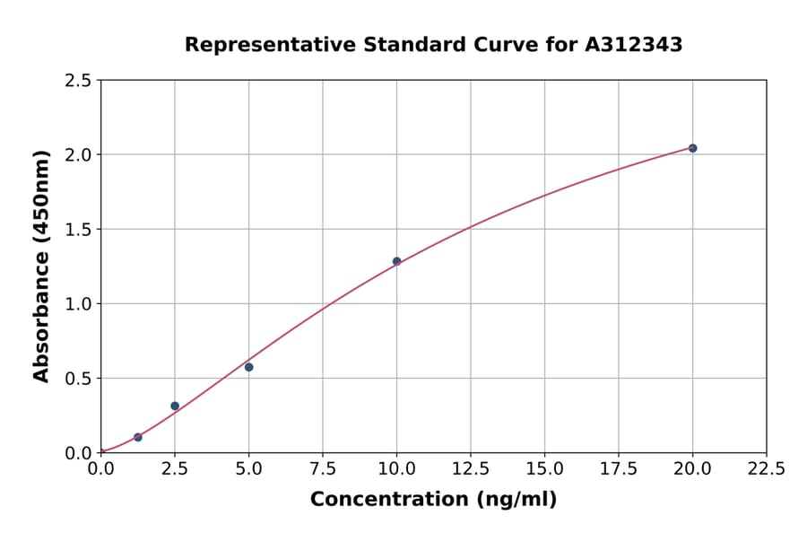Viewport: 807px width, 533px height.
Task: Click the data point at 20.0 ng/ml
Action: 692,148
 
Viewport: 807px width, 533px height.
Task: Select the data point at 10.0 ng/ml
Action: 396,261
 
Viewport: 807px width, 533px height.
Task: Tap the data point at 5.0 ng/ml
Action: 248,367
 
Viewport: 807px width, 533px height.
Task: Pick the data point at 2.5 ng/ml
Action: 175,406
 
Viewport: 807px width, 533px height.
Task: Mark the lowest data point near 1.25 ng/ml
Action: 138,437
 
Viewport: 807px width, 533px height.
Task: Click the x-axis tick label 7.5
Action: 323,469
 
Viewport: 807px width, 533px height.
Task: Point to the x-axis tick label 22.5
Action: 767,469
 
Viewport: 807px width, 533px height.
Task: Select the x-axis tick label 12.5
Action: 471,469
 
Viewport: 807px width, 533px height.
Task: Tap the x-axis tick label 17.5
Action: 619,469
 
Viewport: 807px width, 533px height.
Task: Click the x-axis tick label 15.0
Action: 544,469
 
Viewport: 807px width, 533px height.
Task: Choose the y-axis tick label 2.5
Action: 78,81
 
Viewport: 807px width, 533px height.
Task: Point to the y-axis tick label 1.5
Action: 78,230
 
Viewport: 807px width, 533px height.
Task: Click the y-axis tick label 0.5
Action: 78,379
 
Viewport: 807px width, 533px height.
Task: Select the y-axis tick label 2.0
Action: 78,155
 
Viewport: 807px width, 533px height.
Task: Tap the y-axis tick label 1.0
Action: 78,304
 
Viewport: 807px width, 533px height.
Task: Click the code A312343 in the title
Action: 635,45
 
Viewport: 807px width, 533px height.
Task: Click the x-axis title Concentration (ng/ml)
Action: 433,500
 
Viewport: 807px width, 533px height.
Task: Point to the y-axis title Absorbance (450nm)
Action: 41,266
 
